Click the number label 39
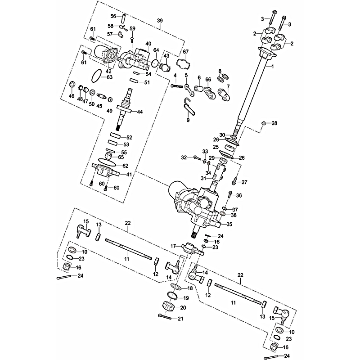coord(159,21)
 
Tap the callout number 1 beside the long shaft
coord(271,66)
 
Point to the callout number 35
coord(229,224)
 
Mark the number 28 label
coord(274,123)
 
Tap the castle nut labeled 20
coord(167,306)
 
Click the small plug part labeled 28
coord(264,123)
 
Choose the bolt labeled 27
coord(234,182)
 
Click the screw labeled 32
coord(197,157)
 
